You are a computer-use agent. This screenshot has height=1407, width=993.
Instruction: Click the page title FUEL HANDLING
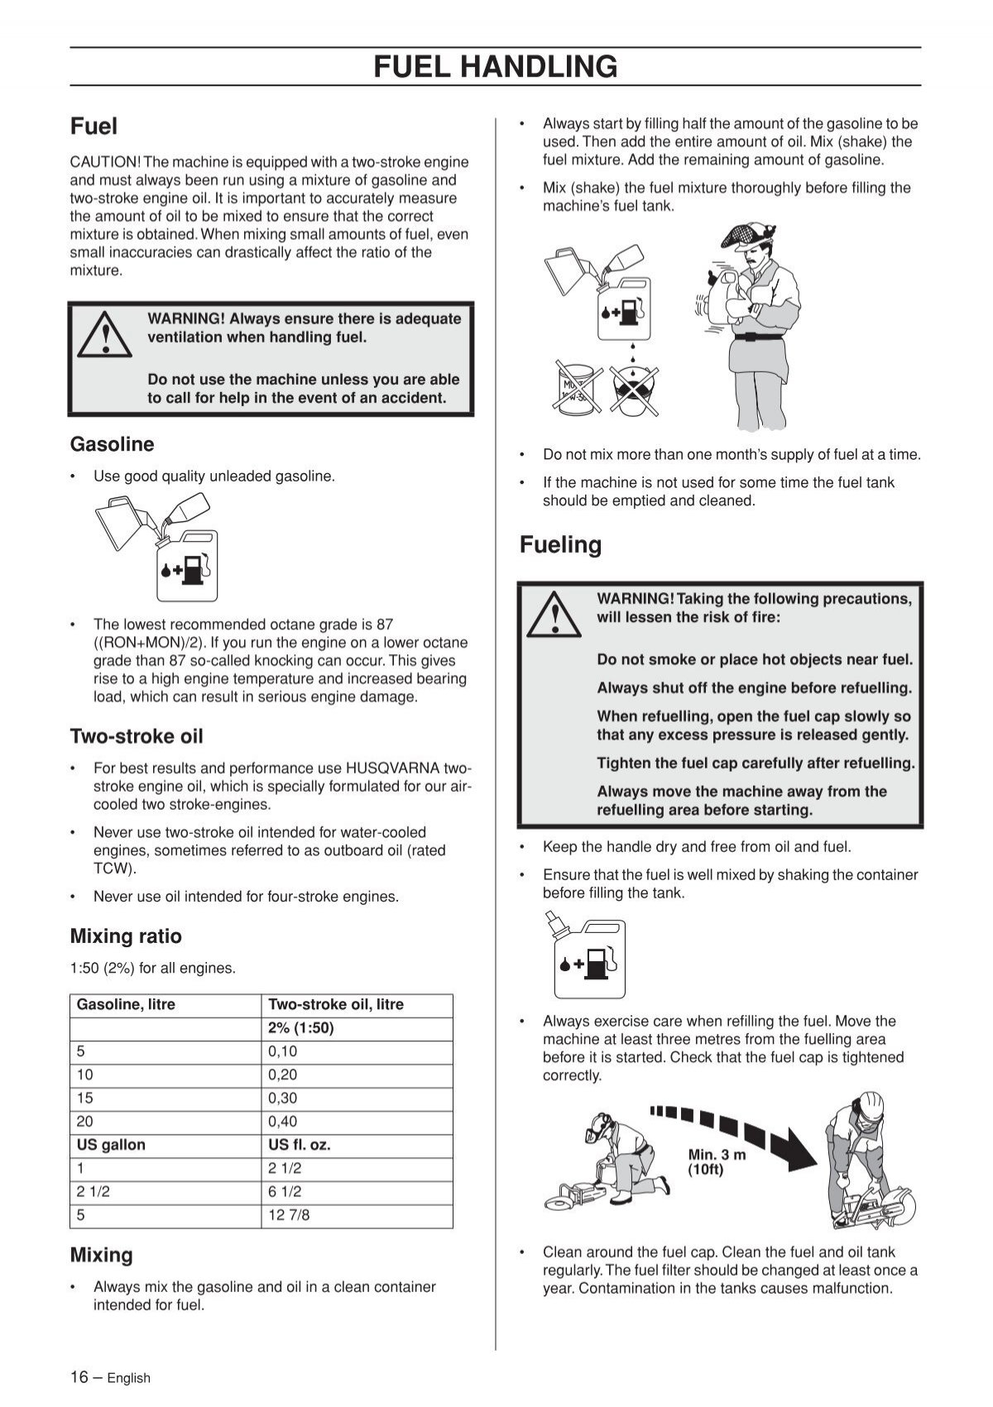click(495, 66)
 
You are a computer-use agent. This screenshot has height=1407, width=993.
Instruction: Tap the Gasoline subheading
click(112, 444)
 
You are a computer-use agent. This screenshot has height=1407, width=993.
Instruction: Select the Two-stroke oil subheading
click(136, 736)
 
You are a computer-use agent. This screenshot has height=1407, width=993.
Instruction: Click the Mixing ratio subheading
click(126, 936)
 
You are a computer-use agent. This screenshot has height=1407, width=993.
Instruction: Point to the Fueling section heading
click(560, 544)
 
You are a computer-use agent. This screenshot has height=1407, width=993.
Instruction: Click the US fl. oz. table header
click(299, 1145)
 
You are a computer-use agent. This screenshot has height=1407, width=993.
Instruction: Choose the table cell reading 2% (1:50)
click(300, 1028)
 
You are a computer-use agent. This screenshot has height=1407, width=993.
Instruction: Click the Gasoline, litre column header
click(126, 1005)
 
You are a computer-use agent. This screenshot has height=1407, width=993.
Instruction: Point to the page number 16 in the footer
click(79, 1377)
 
